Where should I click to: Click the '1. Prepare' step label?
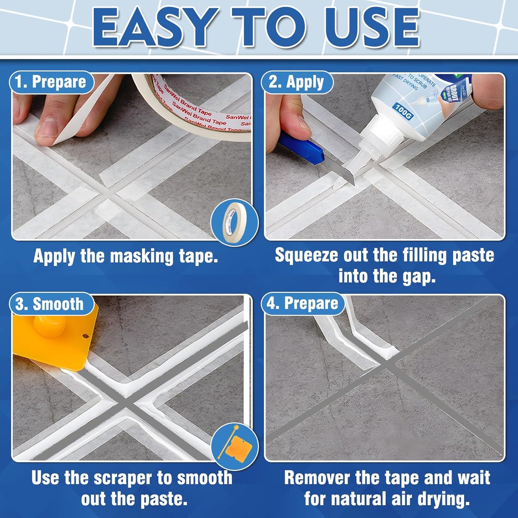tap(51, 82)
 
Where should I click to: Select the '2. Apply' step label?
tap(297, 82)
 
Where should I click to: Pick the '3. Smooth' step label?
tap(50, 304)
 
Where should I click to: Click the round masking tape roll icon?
tap(234, 223)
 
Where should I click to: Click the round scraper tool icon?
tap(234, 446)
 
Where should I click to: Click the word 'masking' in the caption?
tap(142, 256)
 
